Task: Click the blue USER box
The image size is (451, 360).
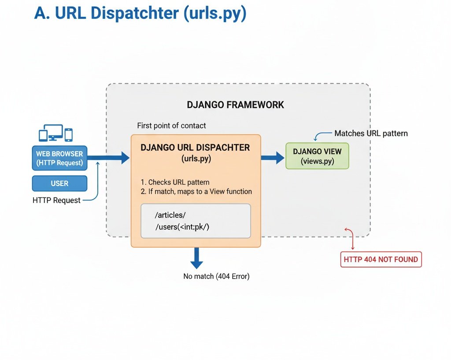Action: (x=59, y=183)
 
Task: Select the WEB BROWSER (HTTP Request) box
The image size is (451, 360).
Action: (x=59, y=159)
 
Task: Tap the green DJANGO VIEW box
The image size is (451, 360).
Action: (x=317, y=156)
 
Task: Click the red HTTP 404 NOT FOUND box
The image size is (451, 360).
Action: (x=381, y=260)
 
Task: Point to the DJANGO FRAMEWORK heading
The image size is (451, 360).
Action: (x=236, y=105)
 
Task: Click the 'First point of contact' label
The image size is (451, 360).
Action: (x=171, y=126)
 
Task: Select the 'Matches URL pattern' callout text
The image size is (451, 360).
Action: (x=371, y=133)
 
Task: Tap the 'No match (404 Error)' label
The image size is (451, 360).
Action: (x=216, y=277)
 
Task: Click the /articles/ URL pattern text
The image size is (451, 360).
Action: (x=170, y=215)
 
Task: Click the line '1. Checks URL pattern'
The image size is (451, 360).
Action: (x=175, y=182)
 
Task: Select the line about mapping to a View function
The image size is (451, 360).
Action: (x=196, y=192)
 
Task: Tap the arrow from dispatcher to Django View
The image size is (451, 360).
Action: (x=273, y=157)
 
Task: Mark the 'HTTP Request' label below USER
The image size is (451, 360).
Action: (x=56, y=200)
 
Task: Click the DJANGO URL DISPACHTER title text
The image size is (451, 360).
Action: (x=195, y=148)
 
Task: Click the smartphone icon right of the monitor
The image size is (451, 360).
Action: (x=69, y=134)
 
